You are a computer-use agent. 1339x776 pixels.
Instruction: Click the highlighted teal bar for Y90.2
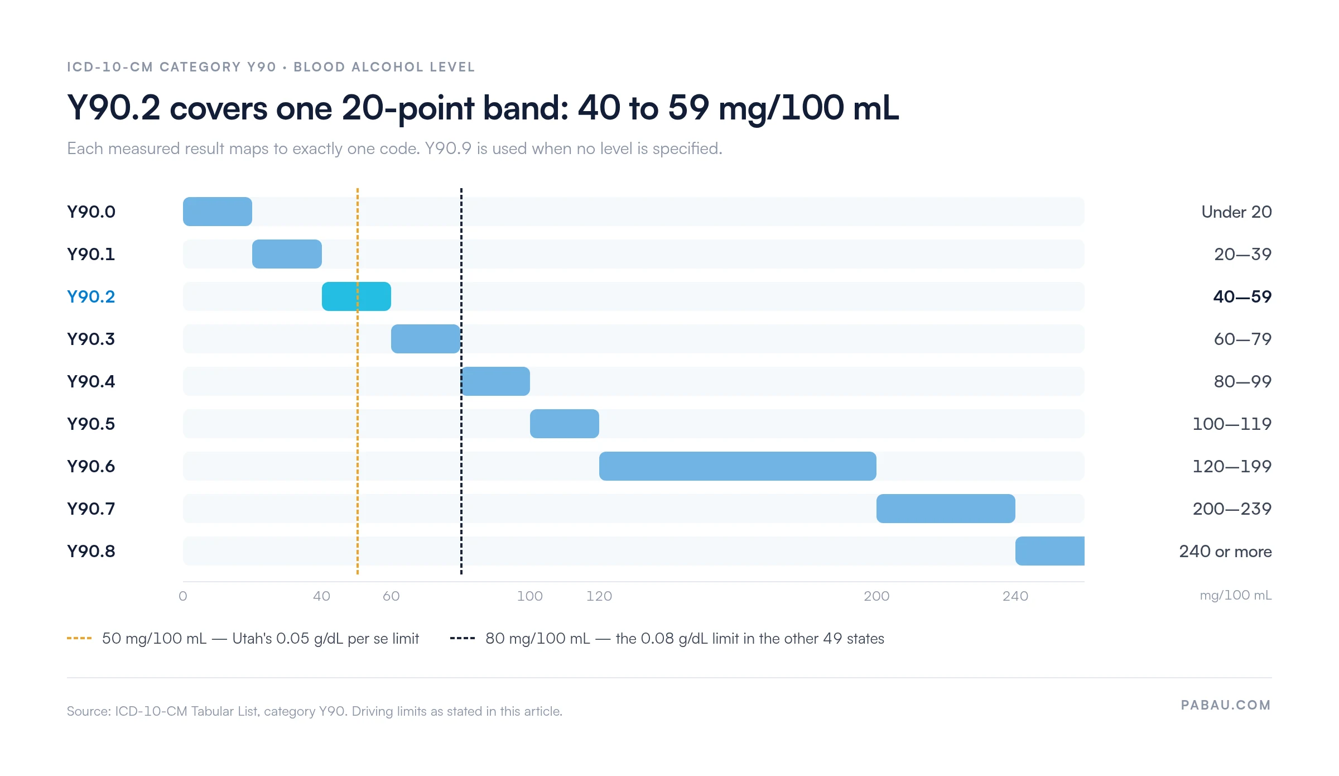(357, 296)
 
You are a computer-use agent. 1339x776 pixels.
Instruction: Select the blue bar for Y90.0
(218, 212)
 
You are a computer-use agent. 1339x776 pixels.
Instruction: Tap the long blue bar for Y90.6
(738, 466)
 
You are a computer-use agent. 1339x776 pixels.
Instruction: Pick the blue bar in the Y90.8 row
(1050, 551)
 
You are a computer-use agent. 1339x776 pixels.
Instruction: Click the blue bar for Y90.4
(495, 381)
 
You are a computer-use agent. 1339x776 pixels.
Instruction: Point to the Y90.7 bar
(946, 509)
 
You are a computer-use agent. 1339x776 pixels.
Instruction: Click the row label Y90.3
(91, 339)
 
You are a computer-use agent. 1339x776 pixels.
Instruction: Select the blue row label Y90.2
(91, 296)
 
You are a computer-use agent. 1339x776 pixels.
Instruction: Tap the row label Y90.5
(91, 424)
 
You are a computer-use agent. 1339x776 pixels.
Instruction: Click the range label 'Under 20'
(1236, 212)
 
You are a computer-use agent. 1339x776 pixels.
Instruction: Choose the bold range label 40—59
(1242, 296)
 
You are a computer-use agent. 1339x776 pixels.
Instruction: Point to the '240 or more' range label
(1225, 552)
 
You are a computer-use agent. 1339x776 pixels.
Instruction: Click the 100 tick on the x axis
(529, 596)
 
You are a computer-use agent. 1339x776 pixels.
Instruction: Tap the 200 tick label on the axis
(876, 596)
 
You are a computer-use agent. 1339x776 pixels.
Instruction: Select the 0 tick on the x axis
(183, 596)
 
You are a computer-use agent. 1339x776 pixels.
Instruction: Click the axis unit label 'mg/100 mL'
(1236, 595)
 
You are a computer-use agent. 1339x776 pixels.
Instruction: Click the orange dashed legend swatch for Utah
(79, 638)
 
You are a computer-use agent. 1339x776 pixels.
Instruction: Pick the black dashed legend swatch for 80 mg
(463, 638)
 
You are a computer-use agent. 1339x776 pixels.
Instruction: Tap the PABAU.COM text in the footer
(1226, 705)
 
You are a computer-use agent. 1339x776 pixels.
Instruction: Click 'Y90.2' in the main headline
(114, 107)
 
